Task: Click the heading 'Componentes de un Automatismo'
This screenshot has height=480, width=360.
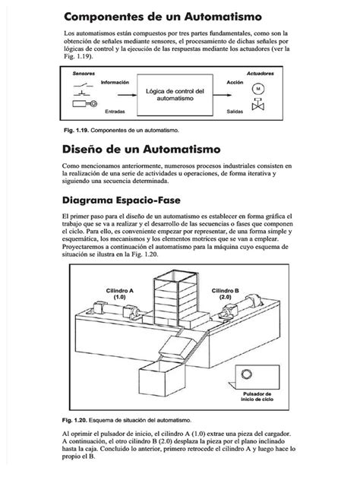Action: coord(163,15)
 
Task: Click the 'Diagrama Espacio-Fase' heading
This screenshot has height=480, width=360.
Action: coord(133,204)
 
